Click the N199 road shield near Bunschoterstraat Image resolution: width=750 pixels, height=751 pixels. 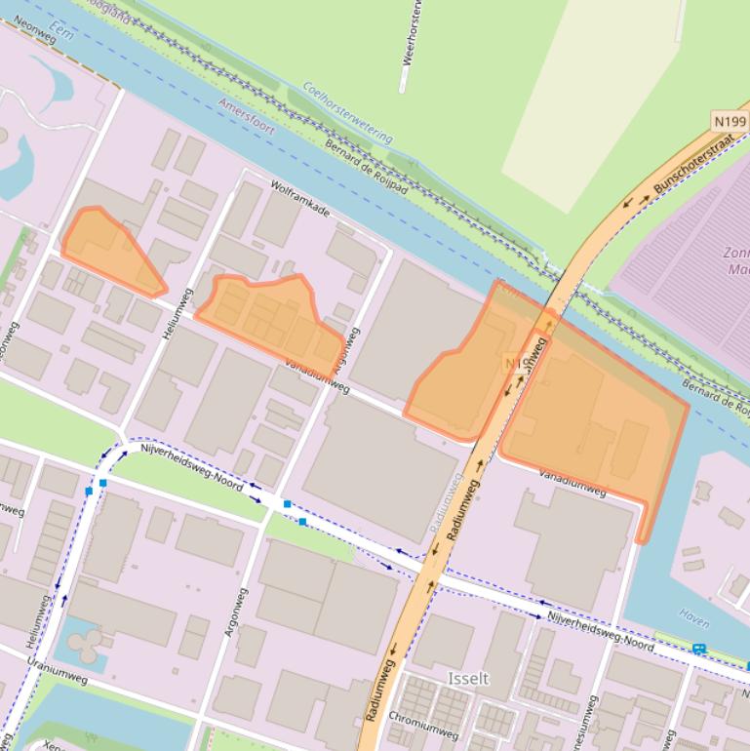click(729, 121)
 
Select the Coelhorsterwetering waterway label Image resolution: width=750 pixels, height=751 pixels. click(347, 113)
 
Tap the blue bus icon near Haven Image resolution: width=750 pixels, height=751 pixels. click(699, 649)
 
